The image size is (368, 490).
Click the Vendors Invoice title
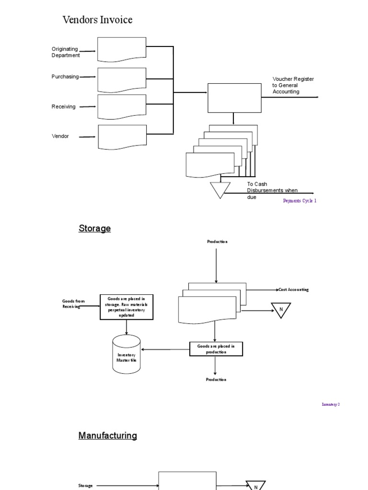click(x=97, y=20)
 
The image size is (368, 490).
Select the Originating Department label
click(x=65, y=52)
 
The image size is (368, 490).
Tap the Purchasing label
click(x=65, y=77)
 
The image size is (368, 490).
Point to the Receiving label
click(x=63, y=107)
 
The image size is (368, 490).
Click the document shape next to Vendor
click(x=122, y=137)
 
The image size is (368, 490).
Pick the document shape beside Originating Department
click(x=122, y=49)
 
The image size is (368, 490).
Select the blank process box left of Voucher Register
click(x=234, y=98)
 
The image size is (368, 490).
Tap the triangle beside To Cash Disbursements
click(x=220, y=189)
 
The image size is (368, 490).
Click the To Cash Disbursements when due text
click(x=272, y=190)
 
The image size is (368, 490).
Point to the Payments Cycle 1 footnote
click(x=299, y=201)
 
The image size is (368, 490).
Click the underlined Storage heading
click(x=94, y=228)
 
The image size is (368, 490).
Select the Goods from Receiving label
click(x=73, y=304)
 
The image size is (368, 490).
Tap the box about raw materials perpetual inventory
click(x=126, y=307)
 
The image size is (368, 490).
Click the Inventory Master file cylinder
click(x=126, y=355)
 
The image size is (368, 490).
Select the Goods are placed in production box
click(x=216, y=349)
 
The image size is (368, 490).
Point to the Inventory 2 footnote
click(x=330, y=404)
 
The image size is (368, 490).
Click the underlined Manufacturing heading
click(x=107, y=435)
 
